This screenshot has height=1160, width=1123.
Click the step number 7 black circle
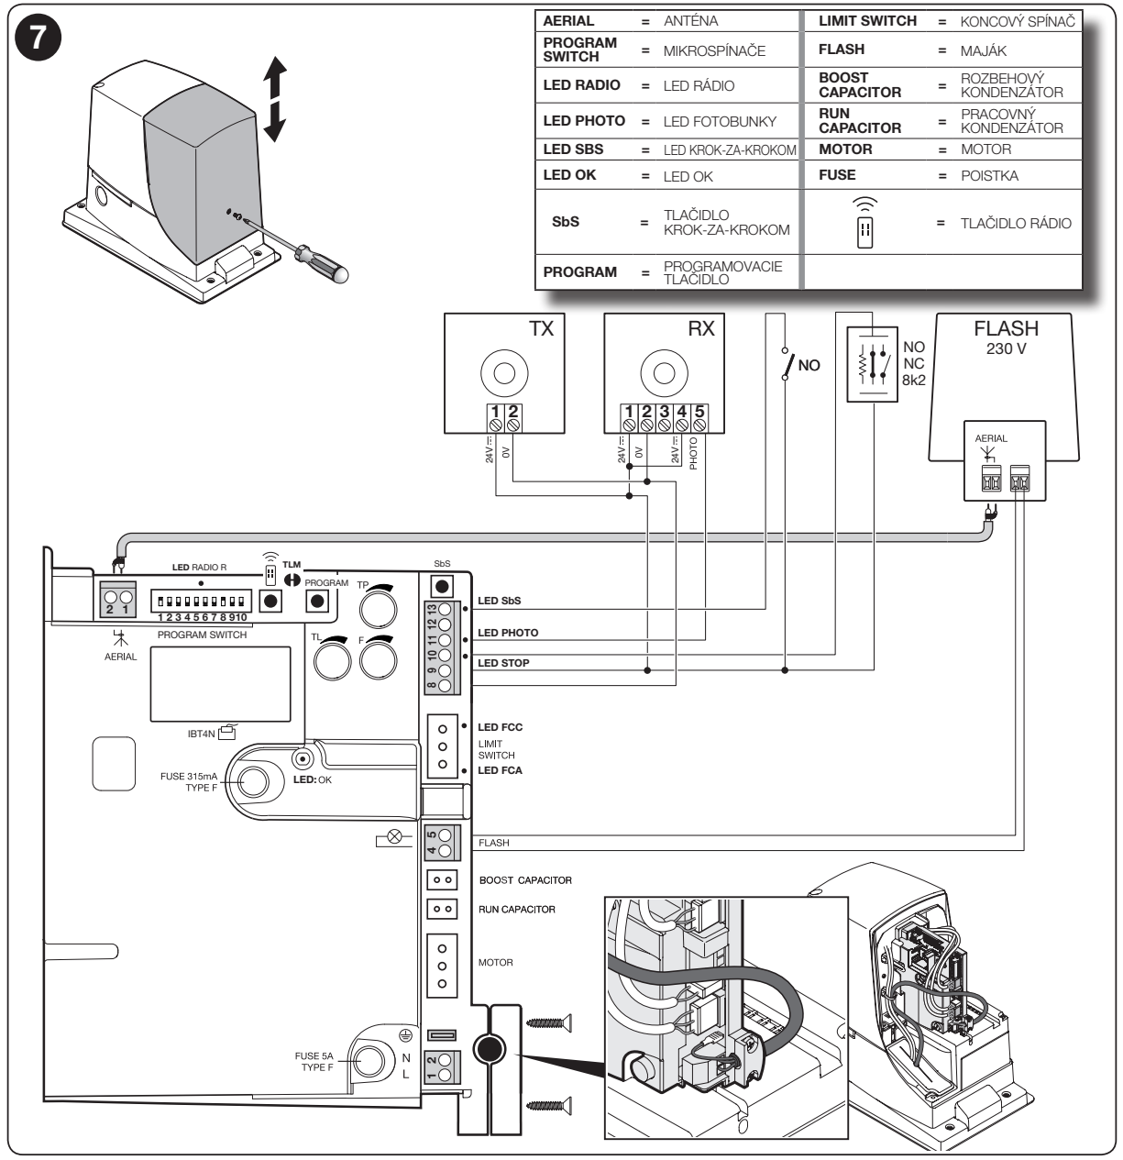(x=39, y=38)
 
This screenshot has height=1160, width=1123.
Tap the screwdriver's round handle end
(x=339, y=272)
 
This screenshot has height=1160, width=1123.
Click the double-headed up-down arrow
(x=275, y=99)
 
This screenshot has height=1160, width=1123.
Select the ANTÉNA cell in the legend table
(x=690, y=21)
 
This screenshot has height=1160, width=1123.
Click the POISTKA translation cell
(x=989, y=176)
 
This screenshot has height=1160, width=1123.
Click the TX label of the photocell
(x=541, y=328)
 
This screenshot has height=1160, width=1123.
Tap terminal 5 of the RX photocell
(x=699, y=425)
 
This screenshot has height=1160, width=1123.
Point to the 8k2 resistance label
(x=914, y=381)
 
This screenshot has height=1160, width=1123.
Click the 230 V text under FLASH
(x=1007, y=348)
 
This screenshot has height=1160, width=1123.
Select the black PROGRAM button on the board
(x=317, y=601)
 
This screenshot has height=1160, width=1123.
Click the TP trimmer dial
(x=378, y=609)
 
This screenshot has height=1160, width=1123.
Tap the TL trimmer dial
(x=332, y=660)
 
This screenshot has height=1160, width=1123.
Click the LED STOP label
(x=503, y=663)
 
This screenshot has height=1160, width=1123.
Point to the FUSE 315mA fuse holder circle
(x=253, y=781)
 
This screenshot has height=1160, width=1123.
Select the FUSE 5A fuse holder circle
(x=369, y=1062)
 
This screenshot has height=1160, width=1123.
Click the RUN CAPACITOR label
(x=517, y=909)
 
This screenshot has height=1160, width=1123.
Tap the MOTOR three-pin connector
(x=442, y=966)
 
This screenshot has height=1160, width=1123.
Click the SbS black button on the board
(x=442, y=587)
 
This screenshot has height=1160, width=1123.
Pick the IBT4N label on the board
(x=201, y=734)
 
